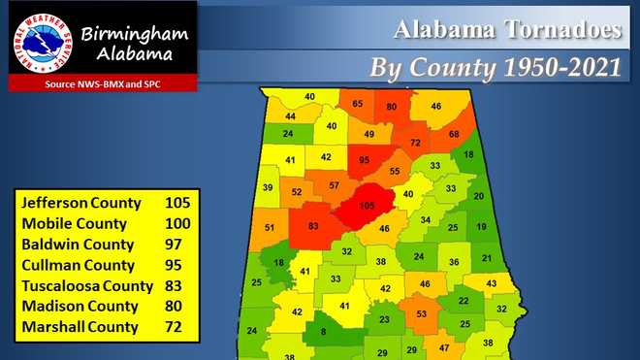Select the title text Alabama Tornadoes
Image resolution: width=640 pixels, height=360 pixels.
point(506,31)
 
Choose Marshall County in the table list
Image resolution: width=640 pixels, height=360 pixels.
point(79,328)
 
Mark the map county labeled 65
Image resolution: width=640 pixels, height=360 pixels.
point(358,104)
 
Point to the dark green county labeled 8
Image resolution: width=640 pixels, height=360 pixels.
point(323,332)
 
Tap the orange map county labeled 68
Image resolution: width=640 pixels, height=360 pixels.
point(453,133)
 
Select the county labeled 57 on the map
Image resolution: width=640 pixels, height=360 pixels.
point(334,185)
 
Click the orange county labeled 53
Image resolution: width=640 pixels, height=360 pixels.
point(421,314)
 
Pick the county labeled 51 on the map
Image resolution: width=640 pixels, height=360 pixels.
point(270,228)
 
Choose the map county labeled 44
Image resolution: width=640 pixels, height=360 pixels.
point(290,116)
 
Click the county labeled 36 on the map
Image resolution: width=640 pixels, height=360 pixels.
point(453,262)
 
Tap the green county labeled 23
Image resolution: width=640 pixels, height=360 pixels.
point(384,318)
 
